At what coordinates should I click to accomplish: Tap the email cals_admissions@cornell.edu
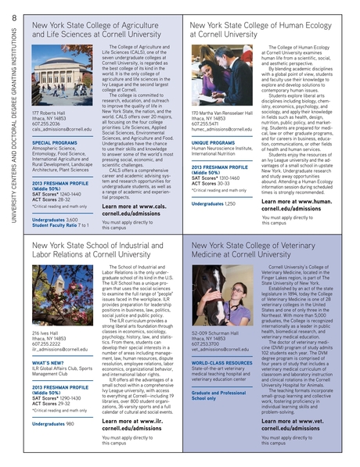pos(62,128)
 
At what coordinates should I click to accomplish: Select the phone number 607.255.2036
pos(46,123)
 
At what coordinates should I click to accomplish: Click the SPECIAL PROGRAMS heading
pos(55,143)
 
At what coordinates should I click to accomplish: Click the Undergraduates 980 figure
pos(53,424)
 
